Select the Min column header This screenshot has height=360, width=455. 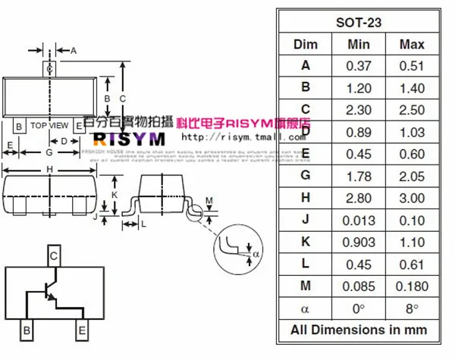[x=359, y=44]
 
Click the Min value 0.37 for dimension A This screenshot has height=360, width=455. [x=359, y=66]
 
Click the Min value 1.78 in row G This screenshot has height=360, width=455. [x=359, y=176]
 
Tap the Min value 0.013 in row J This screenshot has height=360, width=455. [x=359, y=220]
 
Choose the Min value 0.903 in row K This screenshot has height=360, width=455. [x=359, y=242]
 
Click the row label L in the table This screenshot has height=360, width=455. [x=306, y=264]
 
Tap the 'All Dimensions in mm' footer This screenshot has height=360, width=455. [x=359, y=330]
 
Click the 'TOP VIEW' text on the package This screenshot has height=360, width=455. [x=49, y=125]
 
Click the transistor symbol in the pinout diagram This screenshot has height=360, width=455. [x=49, y=293]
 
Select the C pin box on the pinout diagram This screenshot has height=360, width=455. [x=54, y=256]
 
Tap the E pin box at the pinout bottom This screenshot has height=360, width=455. [x=80, y=330]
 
